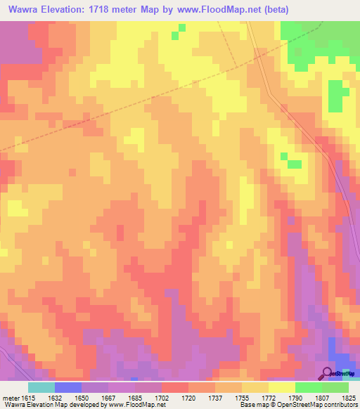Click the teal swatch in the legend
point(41,387)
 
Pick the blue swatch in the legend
point(68,387)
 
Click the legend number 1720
point(188,396)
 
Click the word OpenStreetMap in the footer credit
point(300,405)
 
